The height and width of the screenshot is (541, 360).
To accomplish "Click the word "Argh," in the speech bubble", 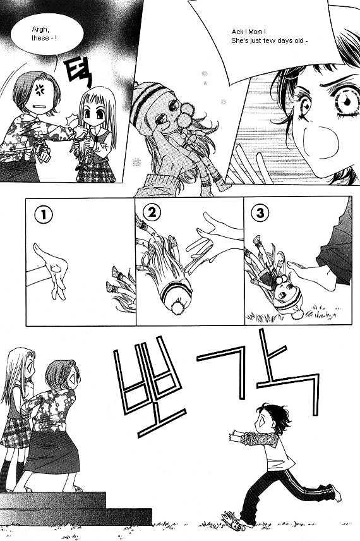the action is coord(40,30).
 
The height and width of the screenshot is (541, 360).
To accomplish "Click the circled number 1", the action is coord(44,215).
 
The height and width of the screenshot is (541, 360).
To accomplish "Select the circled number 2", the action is coord(152,212).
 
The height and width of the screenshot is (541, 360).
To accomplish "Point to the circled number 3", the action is coord(260,213).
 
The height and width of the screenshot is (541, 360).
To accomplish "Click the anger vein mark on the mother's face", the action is coord(40,89).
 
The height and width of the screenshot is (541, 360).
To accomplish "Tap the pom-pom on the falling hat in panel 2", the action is coord(178,307).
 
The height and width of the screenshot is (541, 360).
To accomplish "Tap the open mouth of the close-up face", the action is coord(320,142).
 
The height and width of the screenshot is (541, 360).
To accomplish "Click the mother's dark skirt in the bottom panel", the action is coord(52,452).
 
